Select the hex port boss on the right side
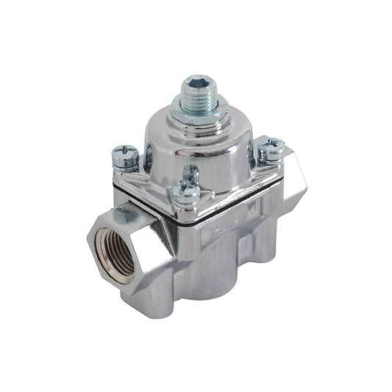[291, 180]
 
